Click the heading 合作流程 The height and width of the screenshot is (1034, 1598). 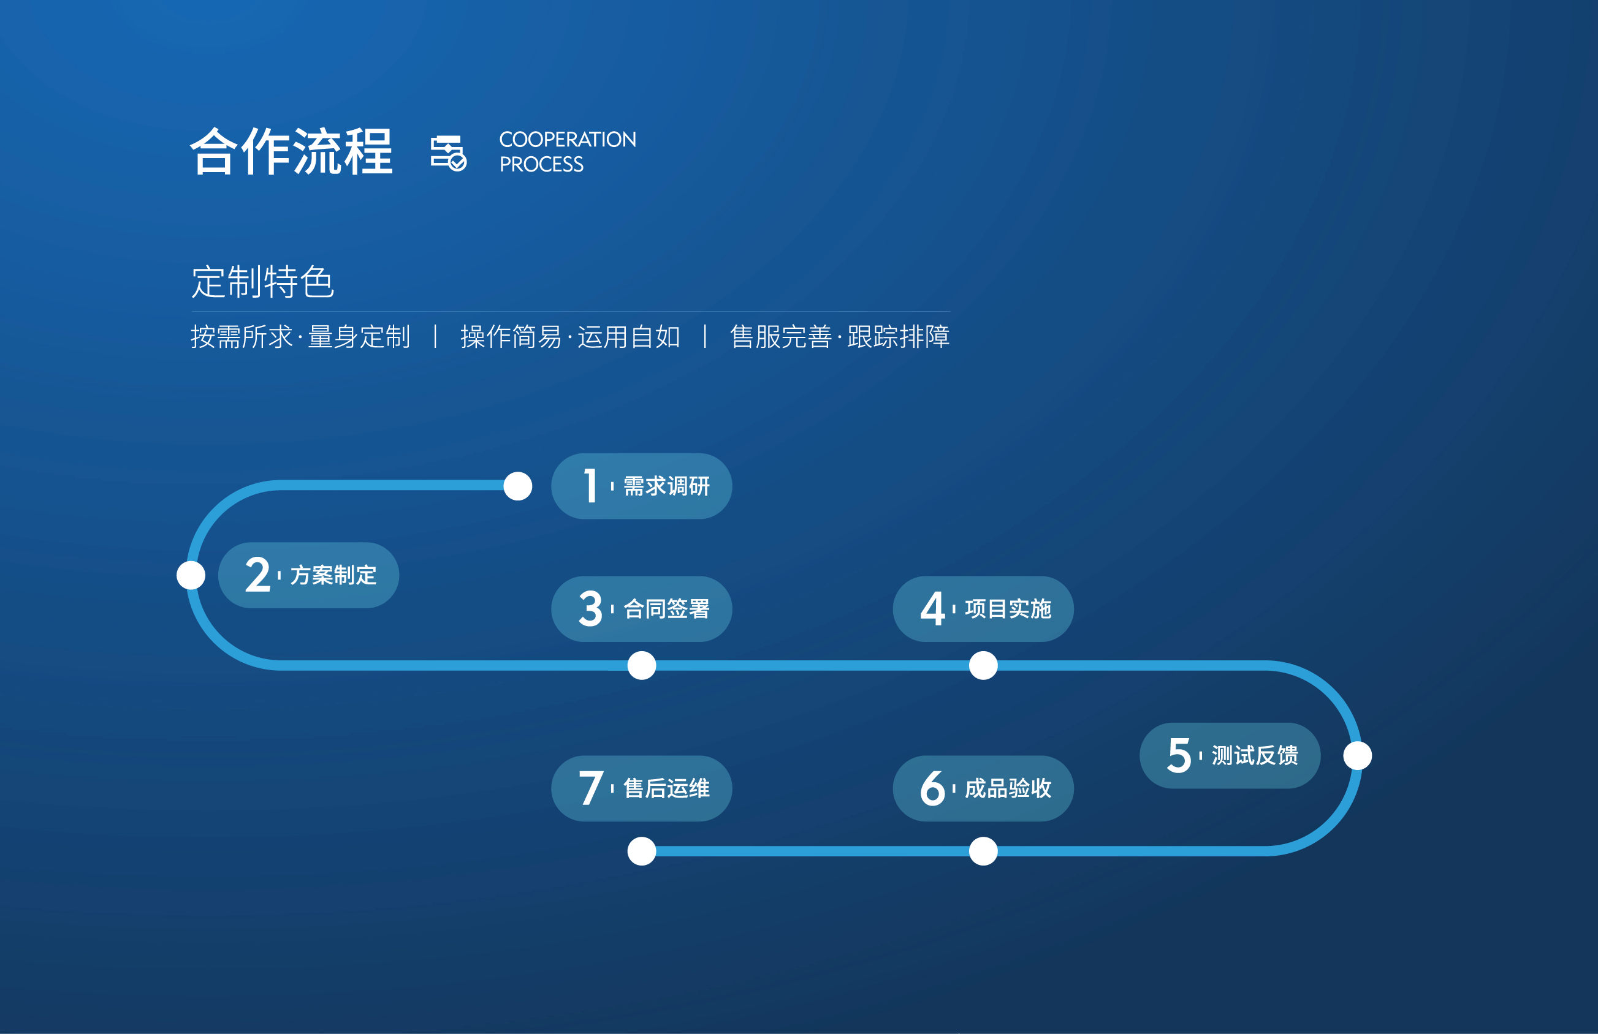click(x=291, y=152)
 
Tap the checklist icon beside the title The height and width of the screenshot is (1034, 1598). click(x=449, y=153)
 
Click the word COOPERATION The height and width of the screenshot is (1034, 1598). click(x=568, y=140)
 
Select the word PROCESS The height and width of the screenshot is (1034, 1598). click(x=541, y=164)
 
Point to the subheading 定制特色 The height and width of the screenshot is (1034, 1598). click(x=262, y=281)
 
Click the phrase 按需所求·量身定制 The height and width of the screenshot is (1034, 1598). click(x=300, y=337)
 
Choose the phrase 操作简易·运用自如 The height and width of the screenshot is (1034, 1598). click(x=570, y=337)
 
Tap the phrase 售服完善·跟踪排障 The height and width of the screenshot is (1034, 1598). click(x=839, y=337)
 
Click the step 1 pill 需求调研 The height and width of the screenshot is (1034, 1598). click(x=641, y=486)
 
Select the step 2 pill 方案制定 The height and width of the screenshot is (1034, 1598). click(x=308, y=575)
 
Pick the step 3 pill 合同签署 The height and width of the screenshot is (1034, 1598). click(x=641, y=609)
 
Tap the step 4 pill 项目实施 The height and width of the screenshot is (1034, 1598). click(x=983, y=609)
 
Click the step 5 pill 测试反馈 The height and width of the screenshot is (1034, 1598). click(x=1230, y=755)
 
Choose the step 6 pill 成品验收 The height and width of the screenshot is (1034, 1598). click(x=983, y=788)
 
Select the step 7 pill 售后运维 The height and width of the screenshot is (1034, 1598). click(x=641, y=788)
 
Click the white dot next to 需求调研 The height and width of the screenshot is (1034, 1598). click(x=518, y=486)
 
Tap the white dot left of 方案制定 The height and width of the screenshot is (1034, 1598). click(x=191, y=575)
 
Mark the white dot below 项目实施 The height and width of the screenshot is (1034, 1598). click(x=983, y=666)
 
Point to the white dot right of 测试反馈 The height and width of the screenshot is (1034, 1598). click(x=1357, y=755)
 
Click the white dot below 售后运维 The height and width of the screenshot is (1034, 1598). click(x=641, y=851)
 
